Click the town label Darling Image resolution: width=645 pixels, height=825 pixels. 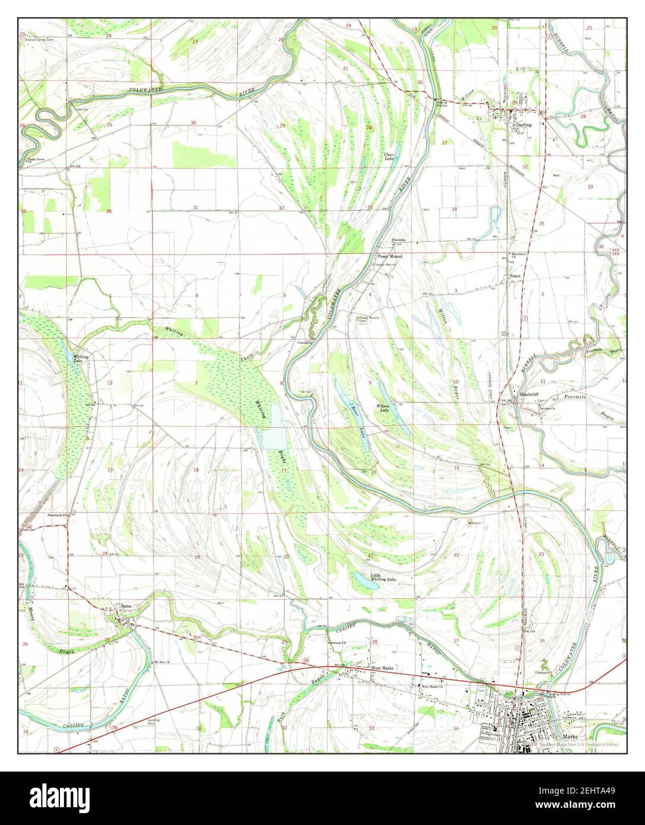[x=524, y=125]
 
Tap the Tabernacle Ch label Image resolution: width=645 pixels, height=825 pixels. [x=59, y=515]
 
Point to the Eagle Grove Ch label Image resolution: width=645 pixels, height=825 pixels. [x=34, y=160]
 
